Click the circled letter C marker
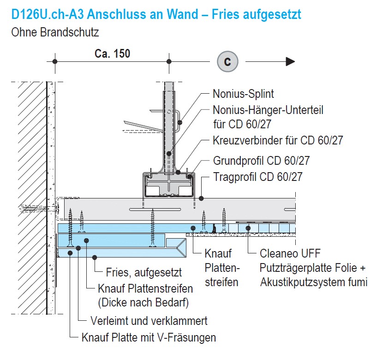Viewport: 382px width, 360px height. point(227,61)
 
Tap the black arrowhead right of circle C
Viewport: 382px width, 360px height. point(290,61)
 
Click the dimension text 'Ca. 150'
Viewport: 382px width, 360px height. point(112,54)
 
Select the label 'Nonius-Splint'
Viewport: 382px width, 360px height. point(243,94)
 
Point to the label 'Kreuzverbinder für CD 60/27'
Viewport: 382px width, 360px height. point(278,140)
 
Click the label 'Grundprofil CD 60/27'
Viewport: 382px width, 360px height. point(261,161)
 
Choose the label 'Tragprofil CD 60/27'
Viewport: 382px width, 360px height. point(258,177)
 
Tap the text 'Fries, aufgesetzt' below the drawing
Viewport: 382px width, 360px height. point(144,272)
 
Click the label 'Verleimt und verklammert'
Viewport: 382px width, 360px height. point(149,321)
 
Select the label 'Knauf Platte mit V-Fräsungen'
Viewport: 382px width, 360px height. point(149,337)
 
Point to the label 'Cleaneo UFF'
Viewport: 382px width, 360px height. point(290,253)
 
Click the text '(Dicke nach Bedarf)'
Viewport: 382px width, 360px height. point(143,303)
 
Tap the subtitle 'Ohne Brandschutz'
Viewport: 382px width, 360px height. point(55,32)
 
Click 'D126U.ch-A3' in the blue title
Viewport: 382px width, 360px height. point(47,14)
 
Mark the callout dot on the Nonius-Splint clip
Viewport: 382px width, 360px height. point(180,122)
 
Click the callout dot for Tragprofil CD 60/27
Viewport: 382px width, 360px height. point(201,198)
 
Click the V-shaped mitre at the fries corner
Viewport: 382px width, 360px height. point(181,248)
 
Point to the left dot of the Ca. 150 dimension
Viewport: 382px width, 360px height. point(55,61)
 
